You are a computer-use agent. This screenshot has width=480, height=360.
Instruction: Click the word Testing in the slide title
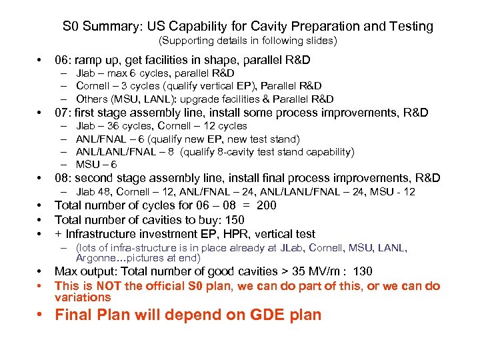408,27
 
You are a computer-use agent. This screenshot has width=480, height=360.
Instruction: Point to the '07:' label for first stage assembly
64,113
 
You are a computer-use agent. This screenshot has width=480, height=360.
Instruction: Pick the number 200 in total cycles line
266,205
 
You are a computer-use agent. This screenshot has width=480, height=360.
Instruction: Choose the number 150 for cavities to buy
234,220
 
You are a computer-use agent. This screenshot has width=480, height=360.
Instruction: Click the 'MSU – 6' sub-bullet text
97,165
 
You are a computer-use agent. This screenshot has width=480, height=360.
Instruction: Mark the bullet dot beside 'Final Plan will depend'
41,315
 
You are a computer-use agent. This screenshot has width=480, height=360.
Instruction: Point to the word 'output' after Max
98,271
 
